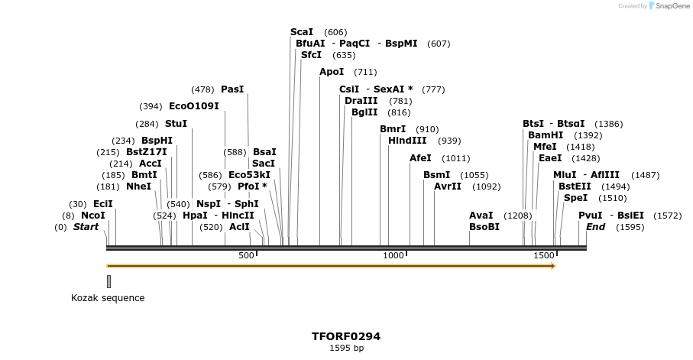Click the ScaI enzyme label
(302, 32)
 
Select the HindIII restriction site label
(407, 141)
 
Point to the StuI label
(176, 124)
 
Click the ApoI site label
(332, 72)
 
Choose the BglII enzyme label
(364, 112)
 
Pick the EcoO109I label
(194, 106)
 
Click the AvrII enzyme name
(448, 186)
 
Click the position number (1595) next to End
(630, 227)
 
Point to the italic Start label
(86, 227)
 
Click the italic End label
(595, 227)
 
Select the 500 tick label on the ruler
(246, 255)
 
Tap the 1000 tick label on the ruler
(393, 255)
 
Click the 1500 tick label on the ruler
(544, 255)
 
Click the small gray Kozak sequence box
(108, 281)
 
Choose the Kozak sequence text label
(108, 298)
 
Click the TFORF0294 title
(346, 336)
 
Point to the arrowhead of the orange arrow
(552, 266)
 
